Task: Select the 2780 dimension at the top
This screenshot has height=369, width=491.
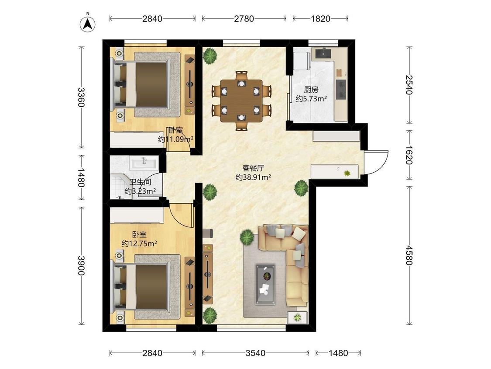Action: (244, 19)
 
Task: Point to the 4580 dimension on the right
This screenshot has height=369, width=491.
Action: (409, 255)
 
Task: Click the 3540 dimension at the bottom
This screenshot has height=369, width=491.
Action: (255, 353)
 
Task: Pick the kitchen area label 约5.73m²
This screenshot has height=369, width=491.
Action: (311, 99)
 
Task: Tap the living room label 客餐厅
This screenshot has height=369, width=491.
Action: (253, 168)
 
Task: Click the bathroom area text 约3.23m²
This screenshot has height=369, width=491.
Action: (140, 191)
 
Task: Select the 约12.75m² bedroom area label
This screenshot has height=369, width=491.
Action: (139, 243)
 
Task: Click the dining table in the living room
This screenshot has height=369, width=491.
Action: (241, 101)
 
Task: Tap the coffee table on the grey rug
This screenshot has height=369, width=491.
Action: (265, 284)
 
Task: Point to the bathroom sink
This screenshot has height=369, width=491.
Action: (144, 163)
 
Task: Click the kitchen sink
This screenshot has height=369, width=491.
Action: (323, 53)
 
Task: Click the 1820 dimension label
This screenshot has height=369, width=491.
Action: (320, 19)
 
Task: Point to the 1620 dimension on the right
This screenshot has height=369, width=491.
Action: (409, 155)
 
